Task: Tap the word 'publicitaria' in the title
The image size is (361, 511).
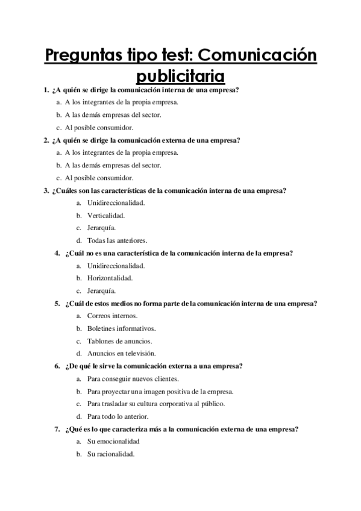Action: [x=180, y=77]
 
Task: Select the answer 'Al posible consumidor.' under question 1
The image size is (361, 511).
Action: [x=99, y=128]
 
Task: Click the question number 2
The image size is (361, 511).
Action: [x=46, y=140]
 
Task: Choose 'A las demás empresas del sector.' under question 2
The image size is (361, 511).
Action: [x=113, y=165]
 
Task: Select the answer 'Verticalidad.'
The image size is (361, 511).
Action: [x=106, y=215]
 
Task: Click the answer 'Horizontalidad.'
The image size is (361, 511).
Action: [x=110, y=278]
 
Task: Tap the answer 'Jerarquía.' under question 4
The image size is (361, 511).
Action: [x=102, y=290]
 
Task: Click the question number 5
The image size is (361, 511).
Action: [x=57, y=304]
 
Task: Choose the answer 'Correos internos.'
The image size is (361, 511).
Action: [x=112, y=316]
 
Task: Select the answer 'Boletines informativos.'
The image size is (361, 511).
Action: [x=121, y=328]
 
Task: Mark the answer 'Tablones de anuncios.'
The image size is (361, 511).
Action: [x=119, y=341]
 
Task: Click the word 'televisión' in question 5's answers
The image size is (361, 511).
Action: [x=139, y=354]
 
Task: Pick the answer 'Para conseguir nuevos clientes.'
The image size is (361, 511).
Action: [x=133, y=379]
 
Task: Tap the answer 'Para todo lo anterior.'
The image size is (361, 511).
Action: [x=118, y=416]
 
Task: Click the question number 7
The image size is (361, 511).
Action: [x=57, y=430]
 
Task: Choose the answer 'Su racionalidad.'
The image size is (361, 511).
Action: [x=111, y=454]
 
